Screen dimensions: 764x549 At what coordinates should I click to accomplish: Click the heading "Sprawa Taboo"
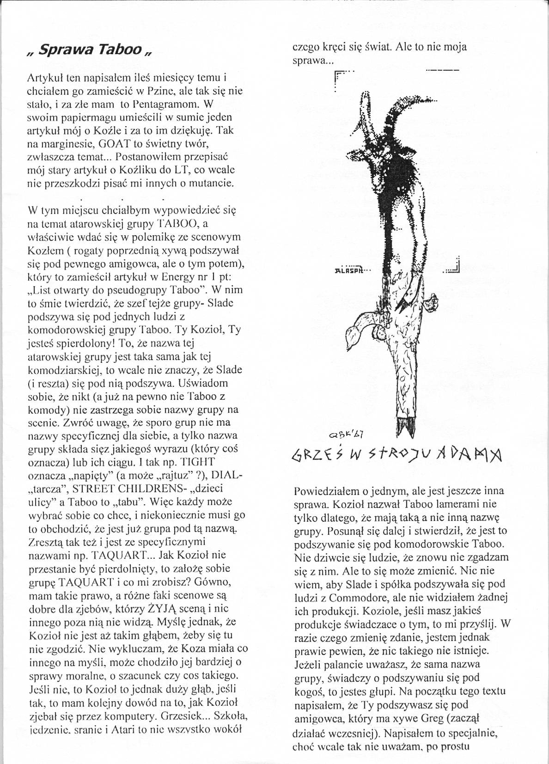click(x=90, y=50)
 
